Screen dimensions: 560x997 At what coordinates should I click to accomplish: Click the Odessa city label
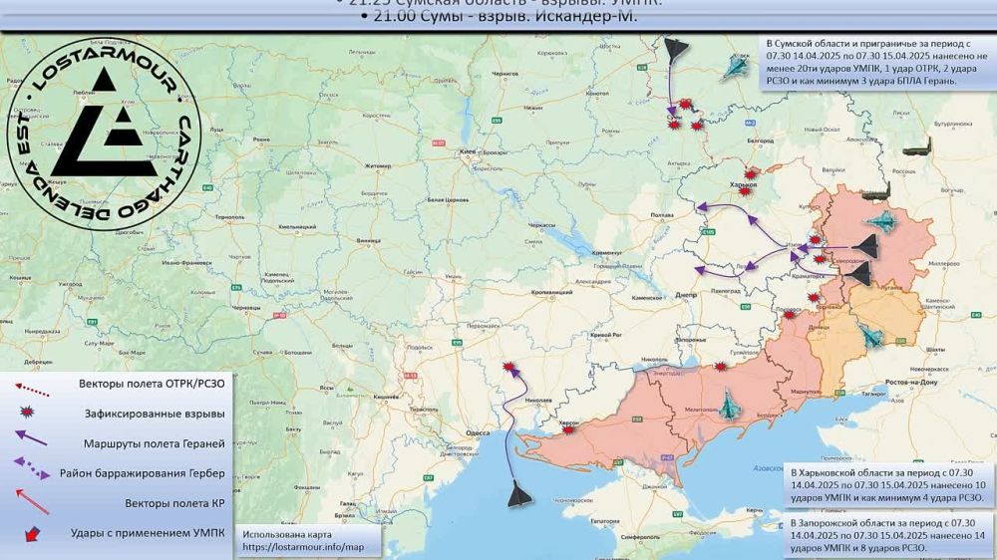tap(478, 433)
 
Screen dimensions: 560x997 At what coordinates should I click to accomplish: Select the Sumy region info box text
tap(874, 63)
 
